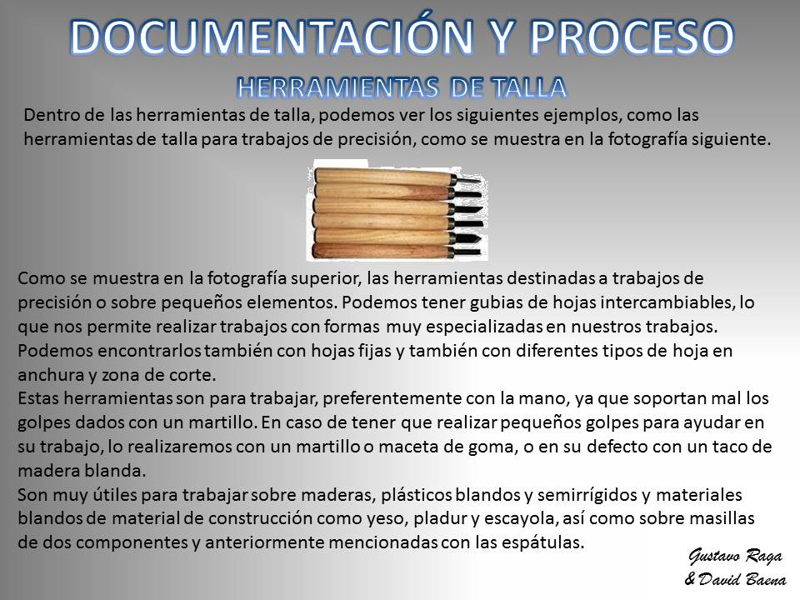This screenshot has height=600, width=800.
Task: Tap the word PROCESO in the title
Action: pyautogui.click(x=632, y=37)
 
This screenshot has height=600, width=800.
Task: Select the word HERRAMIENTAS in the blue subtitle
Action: pyautogui.click(x=337, y=87)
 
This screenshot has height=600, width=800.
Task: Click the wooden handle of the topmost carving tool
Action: pyautogui.click(x=383, y=177)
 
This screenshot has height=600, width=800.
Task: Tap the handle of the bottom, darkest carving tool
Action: pyautogui.click(x=380, y=251)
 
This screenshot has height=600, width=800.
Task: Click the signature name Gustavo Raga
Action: pyautogui.click(x=735, y=556)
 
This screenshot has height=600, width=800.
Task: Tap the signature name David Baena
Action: pyautogui.click(x=742, y=579)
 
